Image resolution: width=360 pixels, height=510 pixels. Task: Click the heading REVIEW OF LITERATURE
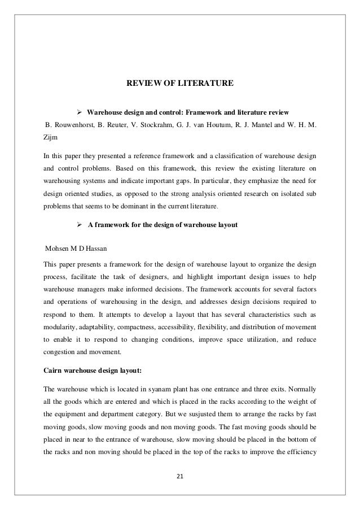pos(179,84)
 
